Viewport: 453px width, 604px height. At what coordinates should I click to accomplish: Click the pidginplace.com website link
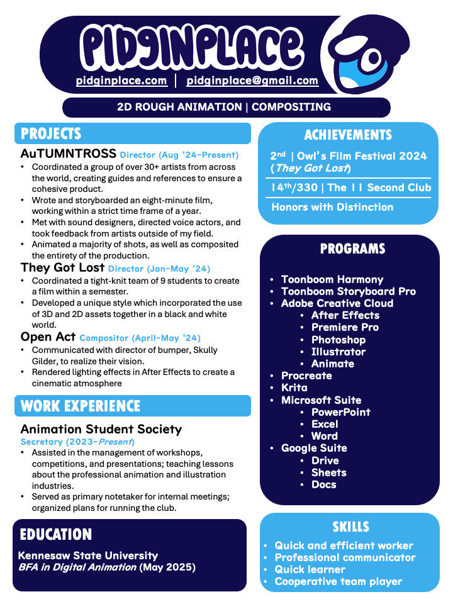click(121, 81)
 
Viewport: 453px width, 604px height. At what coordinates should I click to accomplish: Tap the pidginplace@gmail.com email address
click(252, 81)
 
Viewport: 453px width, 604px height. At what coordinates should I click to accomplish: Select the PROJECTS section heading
click(51, 133)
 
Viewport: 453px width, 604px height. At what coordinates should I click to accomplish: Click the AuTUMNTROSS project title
click(69, 154)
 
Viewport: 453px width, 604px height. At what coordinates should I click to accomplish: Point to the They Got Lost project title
click(62, 268)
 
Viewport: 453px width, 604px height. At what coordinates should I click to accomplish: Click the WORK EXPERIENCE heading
click(81, 406)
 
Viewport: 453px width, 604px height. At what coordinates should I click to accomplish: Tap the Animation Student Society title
click(101, 429)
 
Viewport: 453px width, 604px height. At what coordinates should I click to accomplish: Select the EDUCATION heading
click(56, 534)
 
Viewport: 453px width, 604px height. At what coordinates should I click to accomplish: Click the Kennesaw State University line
click(88, 556)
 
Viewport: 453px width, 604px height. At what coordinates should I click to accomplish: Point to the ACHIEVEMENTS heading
click(348, 135)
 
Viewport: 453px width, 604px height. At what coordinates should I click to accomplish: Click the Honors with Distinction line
click(332, 207)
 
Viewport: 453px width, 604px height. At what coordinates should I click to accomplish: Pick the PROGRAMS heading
click(352, 249)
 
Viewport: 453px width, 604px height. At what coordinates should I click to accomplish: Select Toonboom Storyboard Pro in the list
click(349, 291)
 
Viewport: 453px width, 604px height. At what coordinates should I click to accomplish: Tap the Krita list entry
click(294, 388)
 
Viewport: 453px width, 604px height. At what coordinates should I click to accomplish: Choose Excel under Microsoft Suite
click(325, 424)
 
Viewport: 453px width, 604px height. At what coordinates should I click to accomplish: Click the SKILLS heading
click(350, 527)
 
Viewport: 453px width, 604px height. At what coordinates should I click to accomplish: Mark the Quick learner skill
click(310, 569)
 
